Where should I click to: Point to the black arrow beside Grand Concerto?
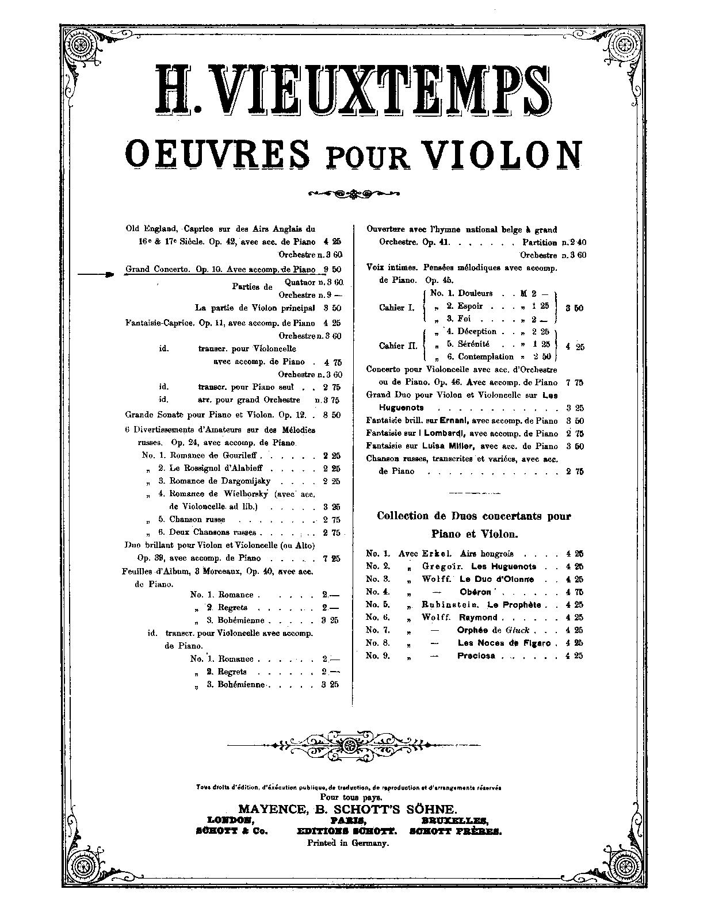95,275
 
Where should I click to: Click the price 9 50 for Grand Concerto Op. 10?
332,269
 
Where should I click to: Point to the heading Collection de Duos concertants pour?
473,516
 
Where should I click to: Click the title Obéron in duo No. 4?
475,592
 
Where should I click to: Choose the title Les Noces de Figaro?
504,643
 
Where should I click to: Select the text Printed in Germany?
349,843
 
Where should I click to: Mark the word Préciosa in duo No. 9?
476,655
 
